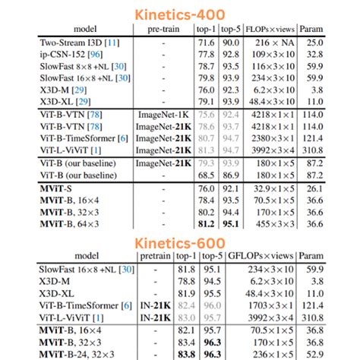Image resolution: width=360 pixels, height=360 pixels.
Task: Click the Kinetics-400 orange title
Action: pyautogui.click(x=179, y=14)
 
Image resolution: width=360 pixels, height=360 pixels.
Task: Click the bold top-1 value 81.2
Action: pyautogui.click(x=205, y=224)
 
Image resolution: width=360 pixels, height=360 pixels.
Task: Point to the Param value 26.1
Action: pyautogui.click(x=312, y=188)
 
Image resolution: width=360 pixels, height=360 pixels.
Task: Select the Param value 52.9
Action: pyautogui.click(x=312, y=354)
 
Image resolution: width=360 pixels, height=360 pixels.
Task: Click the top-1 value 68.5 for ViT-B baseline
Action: pyautogui.click(x=205, y=174)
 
